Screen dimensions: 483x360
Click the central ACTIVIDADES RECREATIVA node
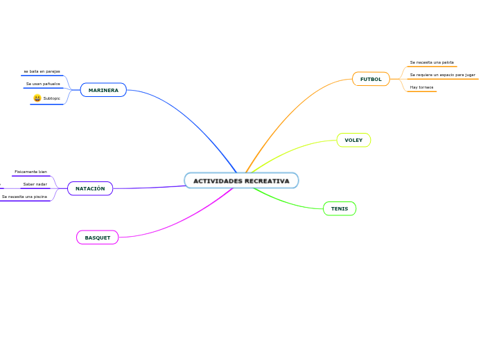pos(241,181)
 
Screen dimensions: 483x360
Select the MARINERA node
pos(103,90)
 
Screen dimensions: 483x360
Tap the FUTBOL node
pos(371,79)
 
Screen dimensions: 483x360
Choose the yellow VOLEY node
pos(353,140)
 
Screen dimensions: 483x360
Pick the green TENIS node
pos(340,208)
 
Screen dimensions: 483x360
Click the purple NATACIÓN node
pos(90,188)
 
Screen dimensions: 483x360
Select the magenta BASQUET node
pos(97,237)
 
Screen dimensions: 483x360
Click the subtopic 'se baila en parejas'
pos(42,71)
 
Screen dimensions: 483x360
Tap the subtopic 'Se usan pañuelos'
pos(43,84)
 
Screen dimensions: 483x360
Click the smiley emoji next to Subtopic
pos(37,98)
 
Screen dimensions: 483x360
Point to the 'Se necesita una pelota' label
pos(432,62)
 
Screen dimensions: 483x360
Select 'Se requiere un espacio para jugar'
pos(442,75)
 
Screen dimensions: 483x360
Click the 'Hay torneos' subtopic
pos(421,87)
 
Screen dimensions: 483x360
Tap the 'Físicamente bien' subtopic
pos(30,171)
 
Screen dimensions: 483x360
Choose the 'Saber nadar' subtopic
pos(35,184)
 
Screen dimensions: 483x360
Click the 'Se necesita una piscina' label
pos(24,197)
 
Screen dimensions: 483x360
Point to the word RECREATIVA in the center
pos(267,181)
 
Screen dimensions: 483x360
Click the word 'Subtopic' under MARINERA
pos(51,98)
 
